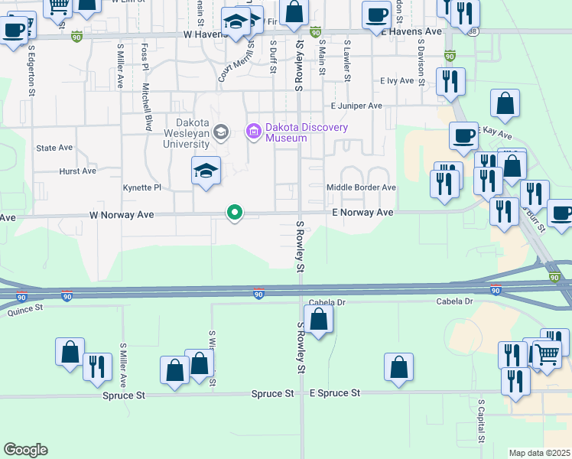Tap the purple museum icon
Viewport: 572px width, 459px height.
pyautogui.click(x=252, y=132)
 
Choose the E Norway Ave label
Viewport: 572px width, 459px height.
pyautogui.click(x=363, y=213)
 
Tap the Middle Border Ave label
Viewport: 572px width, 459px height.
pyautogui.click(x=361, y=187)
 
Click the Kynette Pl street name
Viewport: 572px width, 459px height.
pyautogui.click(x=142, y=187)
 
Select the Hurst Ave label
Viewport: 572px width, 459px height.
pyautogui.click(x=78, y=171)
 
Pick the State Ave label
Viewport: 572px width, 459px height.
pyautogui.click(x=54, y=148)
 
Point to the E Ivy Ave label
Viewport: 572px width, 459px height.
pyautogui.click(x=396, y=80)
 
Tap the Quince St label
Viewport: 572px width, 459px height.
pyautogui.click(x=27, y=310)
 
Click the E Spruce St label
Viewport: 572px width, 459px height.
pyautogui.click(x=334, y=393)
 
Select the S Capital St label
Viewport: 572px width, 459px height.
pyautogui.click(x=481, y=420)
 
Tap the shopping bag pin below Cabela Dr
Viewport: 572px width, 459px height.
pyautogui.click(x=319, y=318)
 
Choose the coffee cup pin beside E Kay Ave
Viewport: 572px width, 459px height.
pyautogui.click(x=463, y=135)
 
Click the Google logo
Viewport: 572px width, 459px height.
pyautogui.click(x=25, y=450)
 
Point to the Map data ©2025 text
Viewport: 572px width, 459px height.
pyautogui.click(x=540, y=453)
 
